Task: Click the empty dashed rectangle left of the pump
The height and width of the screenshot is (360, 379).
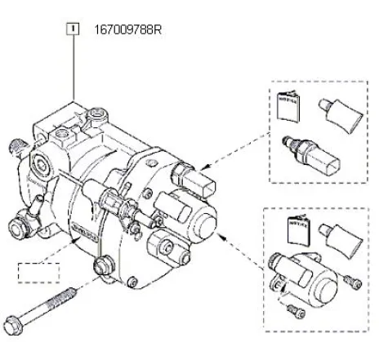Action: [39, 272]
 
